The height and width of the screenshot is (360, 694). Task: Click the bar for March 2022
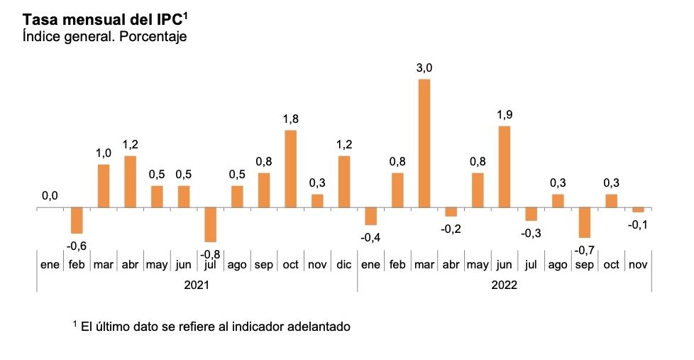pyautogui.click(x=424, y=143)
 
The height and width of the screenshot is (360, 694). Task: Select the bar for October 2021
pyautogui.click(x=290, y=169)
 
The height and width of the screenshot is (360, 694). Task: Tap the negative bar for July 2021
pyautogui.click(x=210, y=225)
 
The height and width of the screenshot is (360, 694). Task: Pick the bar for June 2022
pyautogui.click(x=505, y=167)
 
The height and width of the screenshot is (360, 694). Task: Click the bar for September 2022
pyautogui.click(x=585, y=223)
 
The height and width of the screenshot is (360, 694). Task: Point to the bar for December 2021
pyautogui.click(x=344, y=182)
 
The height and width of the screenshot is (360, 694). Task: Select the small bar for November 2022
pyautogui.click(x=638, y=210)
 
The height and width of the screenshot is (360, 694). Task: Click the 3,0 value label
pyautogui.click(x=424, y=68)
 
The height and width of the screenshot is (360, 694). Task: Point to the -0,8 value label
pyautogui.click(x=210, y=252)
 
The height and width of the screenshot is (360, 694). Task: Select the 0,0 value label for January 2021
pyautogui.click(x=50, y=196)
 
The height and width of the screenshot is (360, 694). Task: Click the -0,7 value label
pyautogui.click(x=585, y=249)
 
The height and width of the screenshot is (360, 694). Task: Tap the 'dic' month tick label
pyautogui.click(x=344, y=265)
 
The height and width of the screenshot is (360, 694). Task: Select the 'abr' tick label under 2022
pyautogui.click(x=451, y=265)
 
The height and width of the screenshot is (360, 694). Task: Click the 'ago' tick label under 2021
pyautogui.click(x=237, y=265)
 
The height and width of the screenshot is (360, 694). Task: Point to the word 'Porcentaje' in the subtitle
pyautogui.click(x=153, y=36)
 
